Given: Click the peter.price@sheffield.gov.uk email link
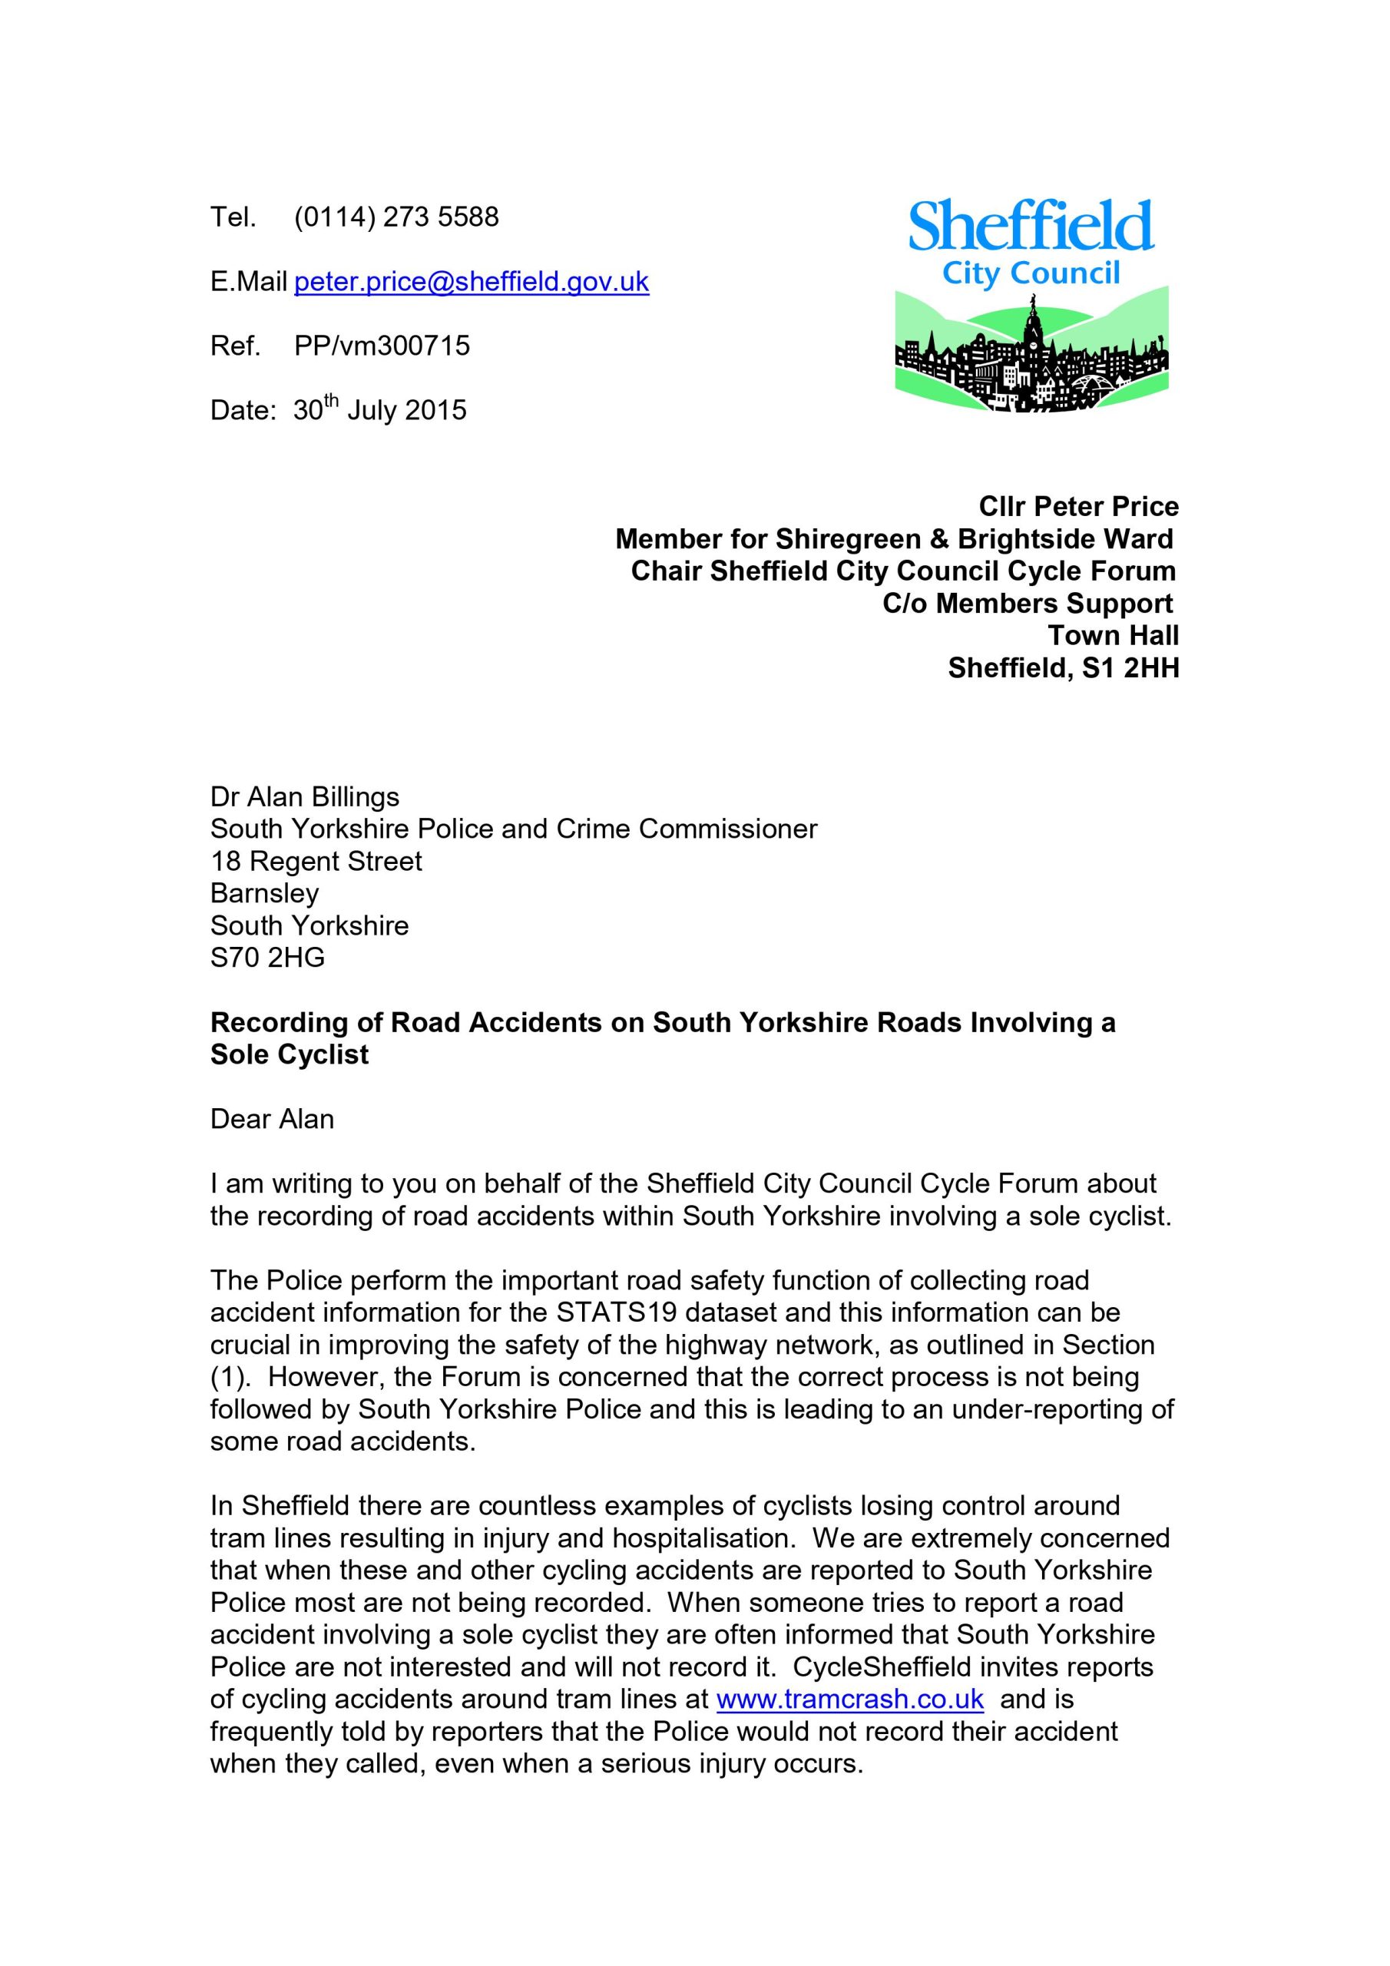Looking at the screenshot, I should (x=471, y=282).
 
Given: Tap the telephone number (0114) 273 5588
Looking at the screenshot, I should (x=395, y=217).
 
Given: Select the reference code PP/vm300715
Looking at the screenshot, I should (x=382, y=346).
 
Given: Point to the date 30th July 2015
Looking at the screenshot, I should (x=379, y=410).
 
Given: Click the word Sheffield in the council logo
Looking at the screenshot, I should (x=1031, y=226).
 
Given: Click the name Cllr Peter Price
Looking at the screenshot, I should (x=1078, y=506).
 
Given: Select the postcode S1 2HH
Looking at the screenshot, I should (x=1130, y=667).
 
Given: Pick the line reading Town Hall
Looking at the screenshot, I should (x=1113, y=635).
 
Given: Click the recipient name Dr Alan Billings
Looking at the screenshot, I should (x=305, y=796).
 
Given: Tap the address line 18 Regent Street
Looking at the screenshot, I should (x=316, y=861).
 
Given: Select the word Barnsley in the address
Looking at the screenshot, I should (x=265, y=893).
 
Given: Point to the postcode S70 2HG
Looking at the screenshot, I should (x=267, y=958).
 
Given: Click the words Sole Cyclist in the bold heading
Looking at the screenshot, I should (x=290, y=1054).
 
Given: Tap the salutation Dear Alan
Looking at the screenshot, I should (x=273, y=1119).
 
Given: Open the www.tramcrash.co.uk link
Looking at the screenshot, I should (x=849, y=1699).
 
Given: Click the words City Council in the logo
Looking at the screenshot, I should (x=1031, y=274).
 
